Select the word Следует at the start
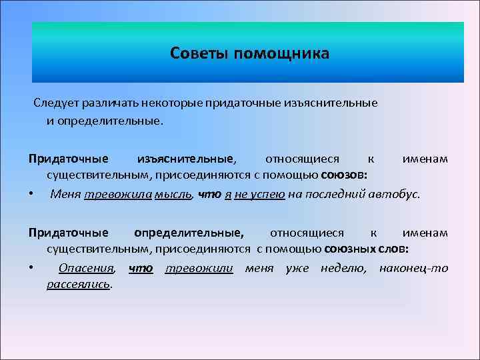tap(57, 103)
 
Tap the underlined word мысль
tap(172, 194)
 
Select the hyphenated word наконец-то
tap(413, 268)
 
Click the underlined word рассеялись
tap(79, 285)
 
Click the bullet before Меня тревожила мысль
tap(31, 194)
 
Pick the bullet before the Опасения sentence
tap(31, 268)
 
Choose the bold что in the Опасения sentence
tap(140, 268)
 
